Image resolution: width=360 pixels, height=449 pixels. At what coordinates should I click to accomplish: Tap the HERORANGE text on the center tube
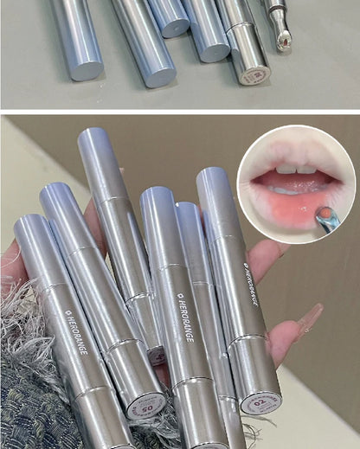(x=183, y=317)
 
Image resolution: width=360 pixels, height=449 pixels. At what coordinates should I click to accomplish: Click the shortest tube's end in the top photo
(x=174, y=27)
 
